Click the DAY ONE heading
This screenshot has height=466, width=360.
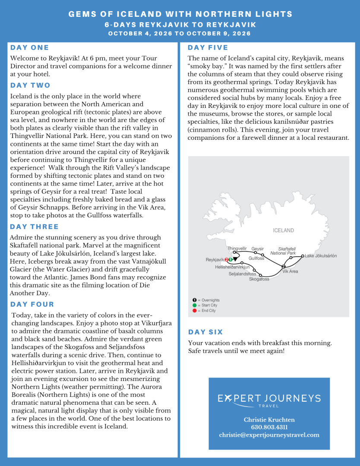(30, 47)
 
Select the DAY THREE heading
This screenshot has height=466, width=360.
(35, 227)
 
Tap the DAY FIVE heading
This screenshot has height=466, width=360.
(208, 47)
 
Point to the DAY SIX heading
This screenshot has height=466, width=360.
(205, 332)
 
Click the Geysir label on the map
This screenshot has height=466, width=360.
(258, 249)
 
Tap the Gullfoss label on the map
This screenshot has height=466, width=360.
(256, 258)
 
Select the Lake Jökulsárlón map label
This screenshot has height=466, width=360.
(321, 256)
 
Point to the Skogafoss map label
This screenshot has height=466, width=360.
(259, 279)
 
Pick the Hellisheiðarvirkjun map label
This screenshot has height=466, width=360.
(232, 268)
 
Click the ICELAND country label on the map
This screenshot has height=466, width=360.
(283, 230)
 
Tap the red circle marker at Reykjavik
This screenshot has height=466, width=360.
(227, 260)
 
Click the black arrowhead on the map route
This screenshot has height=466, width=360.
(235, 259)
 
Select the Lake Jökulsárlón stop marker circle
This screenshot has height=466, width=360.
(303, 256)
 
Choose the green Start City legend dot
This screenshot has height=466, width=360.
(194, 305)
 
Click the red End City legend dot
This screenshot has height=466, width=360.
(194, 311)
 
